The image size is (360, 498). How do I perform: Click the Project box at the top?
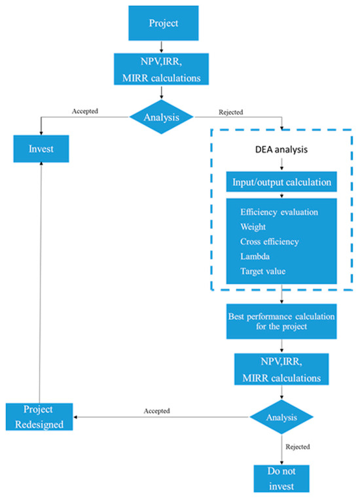point(164,23)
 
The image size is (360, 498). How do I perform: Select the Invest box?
point(41,149)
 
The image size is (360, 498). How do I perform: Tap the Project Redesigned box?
point(39,417)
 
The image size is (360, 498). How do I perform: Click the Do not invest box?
point(281,478)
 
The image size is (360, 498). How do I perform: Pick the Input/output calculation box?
point(281,182)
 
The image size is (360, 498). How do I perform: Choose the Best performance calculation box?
point(281,321)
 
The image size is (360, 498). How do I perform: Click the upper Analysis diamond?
point(162,117)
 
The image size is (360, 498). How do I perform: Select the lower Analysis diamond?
point(281,417)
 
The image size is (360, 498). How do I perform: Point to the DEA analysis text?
point(281,149)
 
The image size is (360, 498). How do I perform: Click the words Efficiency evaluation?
point(279,212)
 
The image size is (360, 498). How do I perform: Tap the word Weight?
point(253,227)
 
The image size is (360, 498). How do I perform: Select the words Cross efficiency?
point(270,241)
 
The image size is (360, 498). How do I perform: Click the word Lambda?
point(255,257)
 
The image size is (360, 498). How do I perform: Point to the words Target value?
point(262,271)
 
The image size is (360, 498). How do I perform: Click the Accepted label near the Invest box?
point(85,111)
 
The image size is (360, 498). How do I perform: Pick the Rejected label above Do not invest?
point(298,446)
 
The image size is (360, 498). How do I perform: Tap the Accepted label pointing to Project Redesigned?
point(156,411)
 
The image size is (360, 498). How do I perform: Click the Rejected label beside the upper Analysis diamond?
point(230,112)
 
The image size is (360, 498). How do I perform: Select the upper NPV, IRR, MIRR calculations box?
point(162,69)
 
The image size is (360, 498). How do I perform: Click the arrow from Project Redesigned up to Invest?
point(41,283)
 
